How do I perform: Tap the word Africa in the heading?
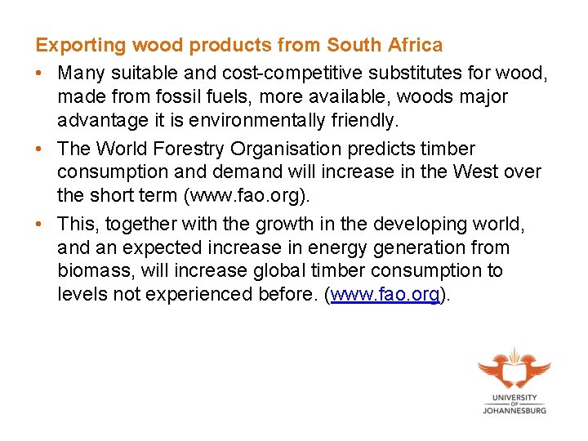tap(414, 45)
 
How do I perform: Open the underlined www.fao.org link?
tap(384, 293)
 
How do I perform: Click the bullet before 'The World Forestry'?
tap(39, 149)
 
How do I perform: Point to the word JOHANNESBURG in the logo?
tap(514, 411)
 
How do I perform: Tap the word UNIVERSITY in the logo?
tap(514, 397)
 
